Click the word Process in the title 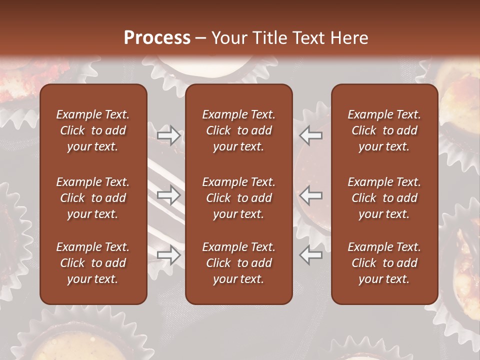(x=157, y=38)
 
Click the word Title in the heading (x=270, y=38)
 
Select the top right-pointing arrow (x=169, y=135)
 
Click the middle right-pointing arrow (x=169, y=195)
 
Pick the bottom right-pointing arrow (x=169, y=255)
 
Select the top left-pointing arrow (x=311, y=135)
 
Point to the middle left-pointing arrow (x=311, y=195)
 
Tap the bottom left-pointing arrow (x=311, y=255)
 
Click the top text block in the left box (x=93, y=130)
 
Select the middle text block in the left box (x=93, y=198)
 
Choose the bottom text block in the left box (x=93, y=263)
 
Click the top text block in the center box (x=239, y=130)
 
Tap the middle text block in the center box (x=239, y=198)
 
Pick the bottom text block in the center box (x=239, y=263)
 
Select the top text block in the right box (x=384, y=130)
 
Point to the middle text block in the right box (x=384, y=198)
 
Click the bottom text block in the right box (x=384, y=263)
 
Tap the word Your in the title (x=229, y=38)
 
